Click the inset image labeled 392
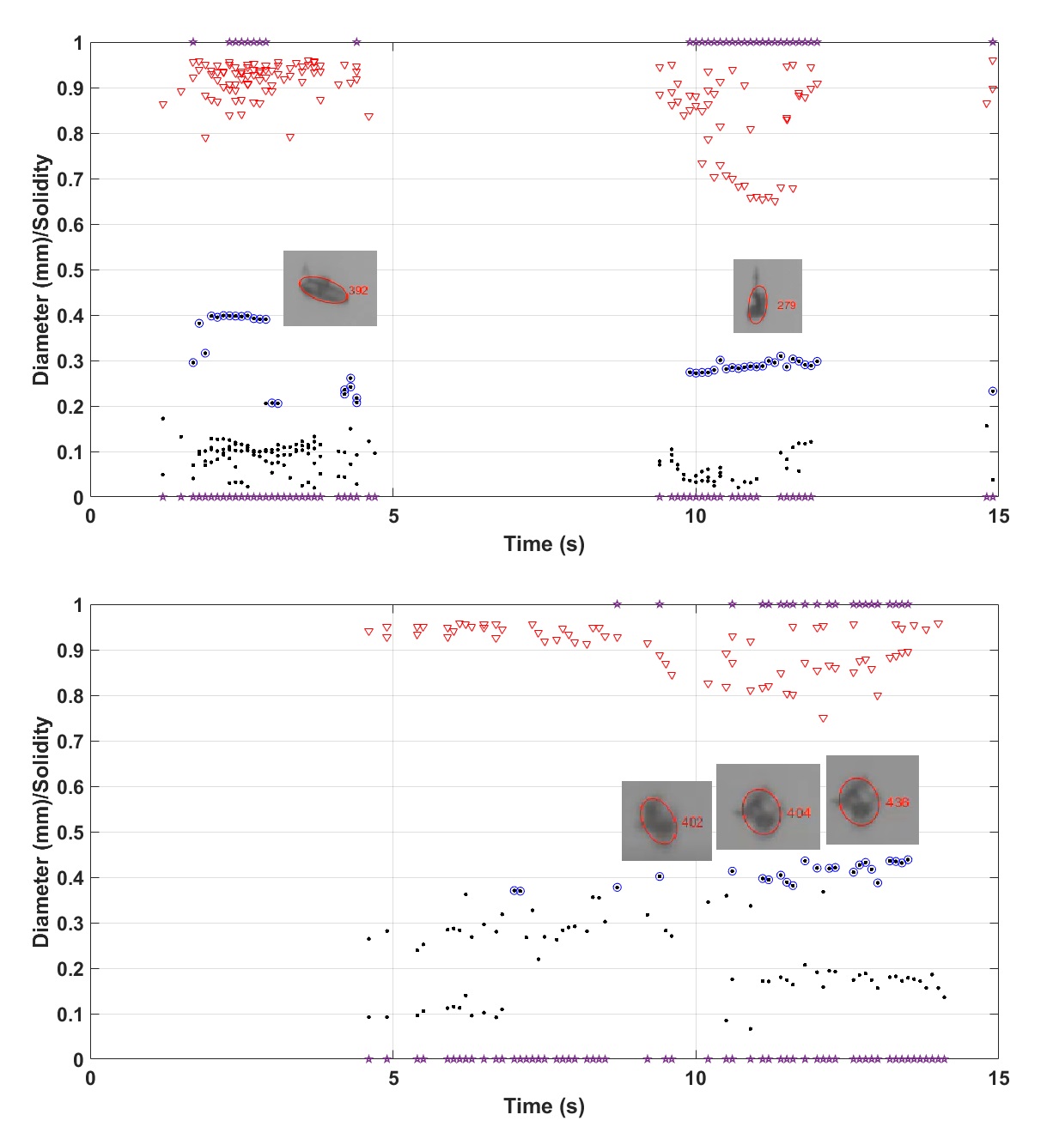coord(330,288)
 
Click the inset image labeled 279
coord(767,296)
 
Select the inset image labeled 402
coord(666,821)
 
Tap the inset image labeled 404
coord(768,807)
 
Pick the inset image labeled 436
coord(872,800)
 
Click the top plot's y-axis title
coord(41,270)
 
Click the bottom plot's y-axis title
coord(41,832)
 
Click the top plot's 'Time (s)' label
coord(544,544)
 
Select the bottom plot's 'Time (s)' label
coord(544,1106)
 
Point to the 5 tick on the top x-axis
coord(393,517)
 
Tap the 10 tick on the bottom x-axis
coord(696,1079)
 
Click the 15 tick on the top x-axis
coord(998,517)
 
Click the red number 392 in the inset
coord(358,290)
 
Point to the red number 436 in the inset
coord(897,803)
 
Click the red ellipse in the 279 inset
coord(757,305)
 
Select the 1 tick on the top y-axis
coord(78,43)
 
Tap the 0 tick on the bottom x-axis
coord(90,1079)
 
